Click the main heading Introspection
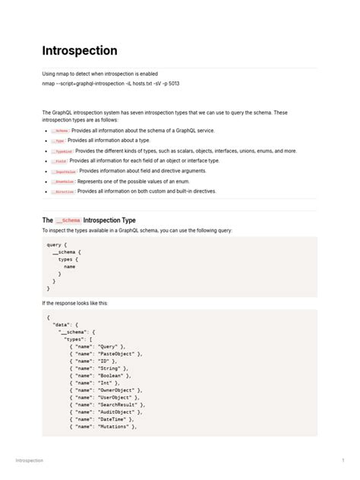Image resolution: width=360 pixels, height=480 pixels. click(x=80, y=51)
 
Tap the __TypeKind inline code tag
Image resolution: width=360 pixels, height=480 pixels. click(x=62, y=151)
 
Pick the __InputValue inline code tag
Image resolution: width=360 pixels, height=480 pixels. click(x=64, y=172)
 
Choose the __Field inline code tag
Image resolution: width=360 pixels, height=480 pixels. click(x=59, y=161)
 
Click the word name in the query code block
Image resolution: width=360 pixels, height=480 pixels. click(x=69, y=267)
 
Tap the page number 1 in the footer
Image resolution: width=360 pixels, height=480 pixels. click(x=343, y=461)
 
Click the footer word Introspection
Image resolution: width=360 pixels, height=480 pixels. click(x=30, y=461)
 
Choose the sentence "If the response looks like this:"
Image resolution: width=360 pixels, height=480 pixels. click(x=74, y=302)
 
